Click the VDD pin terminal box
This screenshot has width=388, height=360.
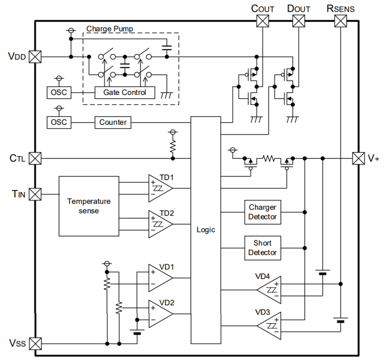point(35,57)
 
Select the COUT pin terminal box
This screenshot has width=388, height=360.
point(262,21)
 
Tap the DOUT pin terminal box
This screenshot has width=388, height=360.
point(299,21)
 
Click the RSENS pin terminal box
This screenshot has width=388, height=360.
point(341,21)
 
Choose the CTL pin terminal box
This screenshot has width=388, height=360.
point(35,158)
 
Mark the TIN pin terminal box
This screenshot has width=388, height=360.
point(35,194)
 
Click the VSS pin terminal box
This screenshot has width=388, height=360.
point(35,343)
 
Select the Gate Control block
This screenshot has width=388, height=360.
point(125,93)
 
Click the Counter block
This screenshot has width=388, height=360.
point(113,122)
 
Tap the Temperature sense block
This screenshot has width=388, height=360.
point(89,205)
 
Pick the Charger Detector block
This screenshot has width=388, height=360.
point(262,212)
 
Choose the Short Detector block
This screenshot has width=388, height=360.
point(262,248)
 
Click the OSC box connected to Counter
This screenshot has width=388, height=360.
point(58,122)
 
